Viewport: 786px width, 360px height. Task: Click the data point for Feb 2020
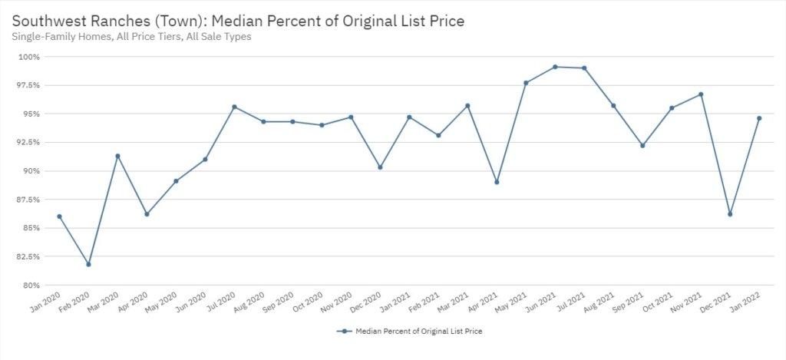pos(88,264)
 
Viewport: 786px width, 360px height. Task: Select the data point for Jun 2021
pos(555,67)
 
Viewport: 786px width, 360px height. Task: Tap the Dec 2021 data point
pos(730,214)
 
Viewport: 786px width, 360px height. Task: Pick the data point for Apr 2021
pos(497,182)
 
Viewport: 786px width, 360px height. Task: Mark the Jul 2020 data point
pos(234,107)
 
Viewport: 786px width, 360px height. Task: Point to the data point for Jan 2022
pos(759,118)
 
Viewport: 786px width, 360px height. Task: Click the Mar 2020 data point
pos(117,156)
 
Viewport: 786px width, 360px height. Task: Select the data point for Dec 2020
pos(380,167)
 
